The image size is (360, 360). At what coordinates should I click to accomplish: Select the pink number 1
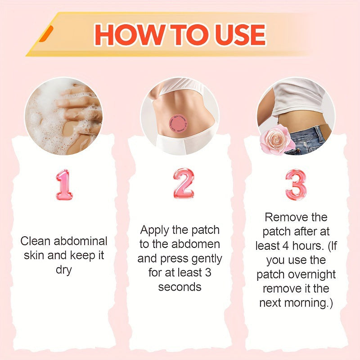tap(64, 184)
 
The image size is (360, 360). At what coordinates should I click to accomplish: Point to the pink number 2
tap(184, 184)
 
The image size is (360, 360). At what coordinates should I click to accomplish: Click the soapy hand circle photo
tap(63, 116)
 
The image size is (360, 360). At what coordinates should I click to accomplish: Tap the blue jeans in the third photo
tap(310, 138)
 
